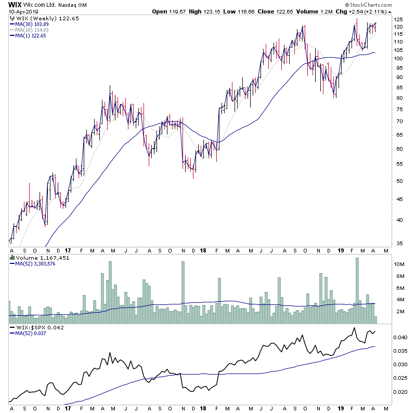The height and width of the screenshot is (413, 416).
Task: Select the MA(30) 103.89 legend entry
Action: pos(32,24)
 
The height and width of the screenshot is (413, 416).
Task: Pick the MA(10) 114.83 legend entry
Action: pos(32,30)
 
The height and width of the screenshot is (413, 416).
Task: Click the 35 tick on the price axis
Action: pos(398,243)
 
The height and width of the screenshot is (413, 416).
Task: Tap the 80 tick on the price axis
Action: pos(398,98)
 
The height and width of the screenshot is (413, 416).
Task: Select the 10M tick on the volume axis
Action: pos(399,264)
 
